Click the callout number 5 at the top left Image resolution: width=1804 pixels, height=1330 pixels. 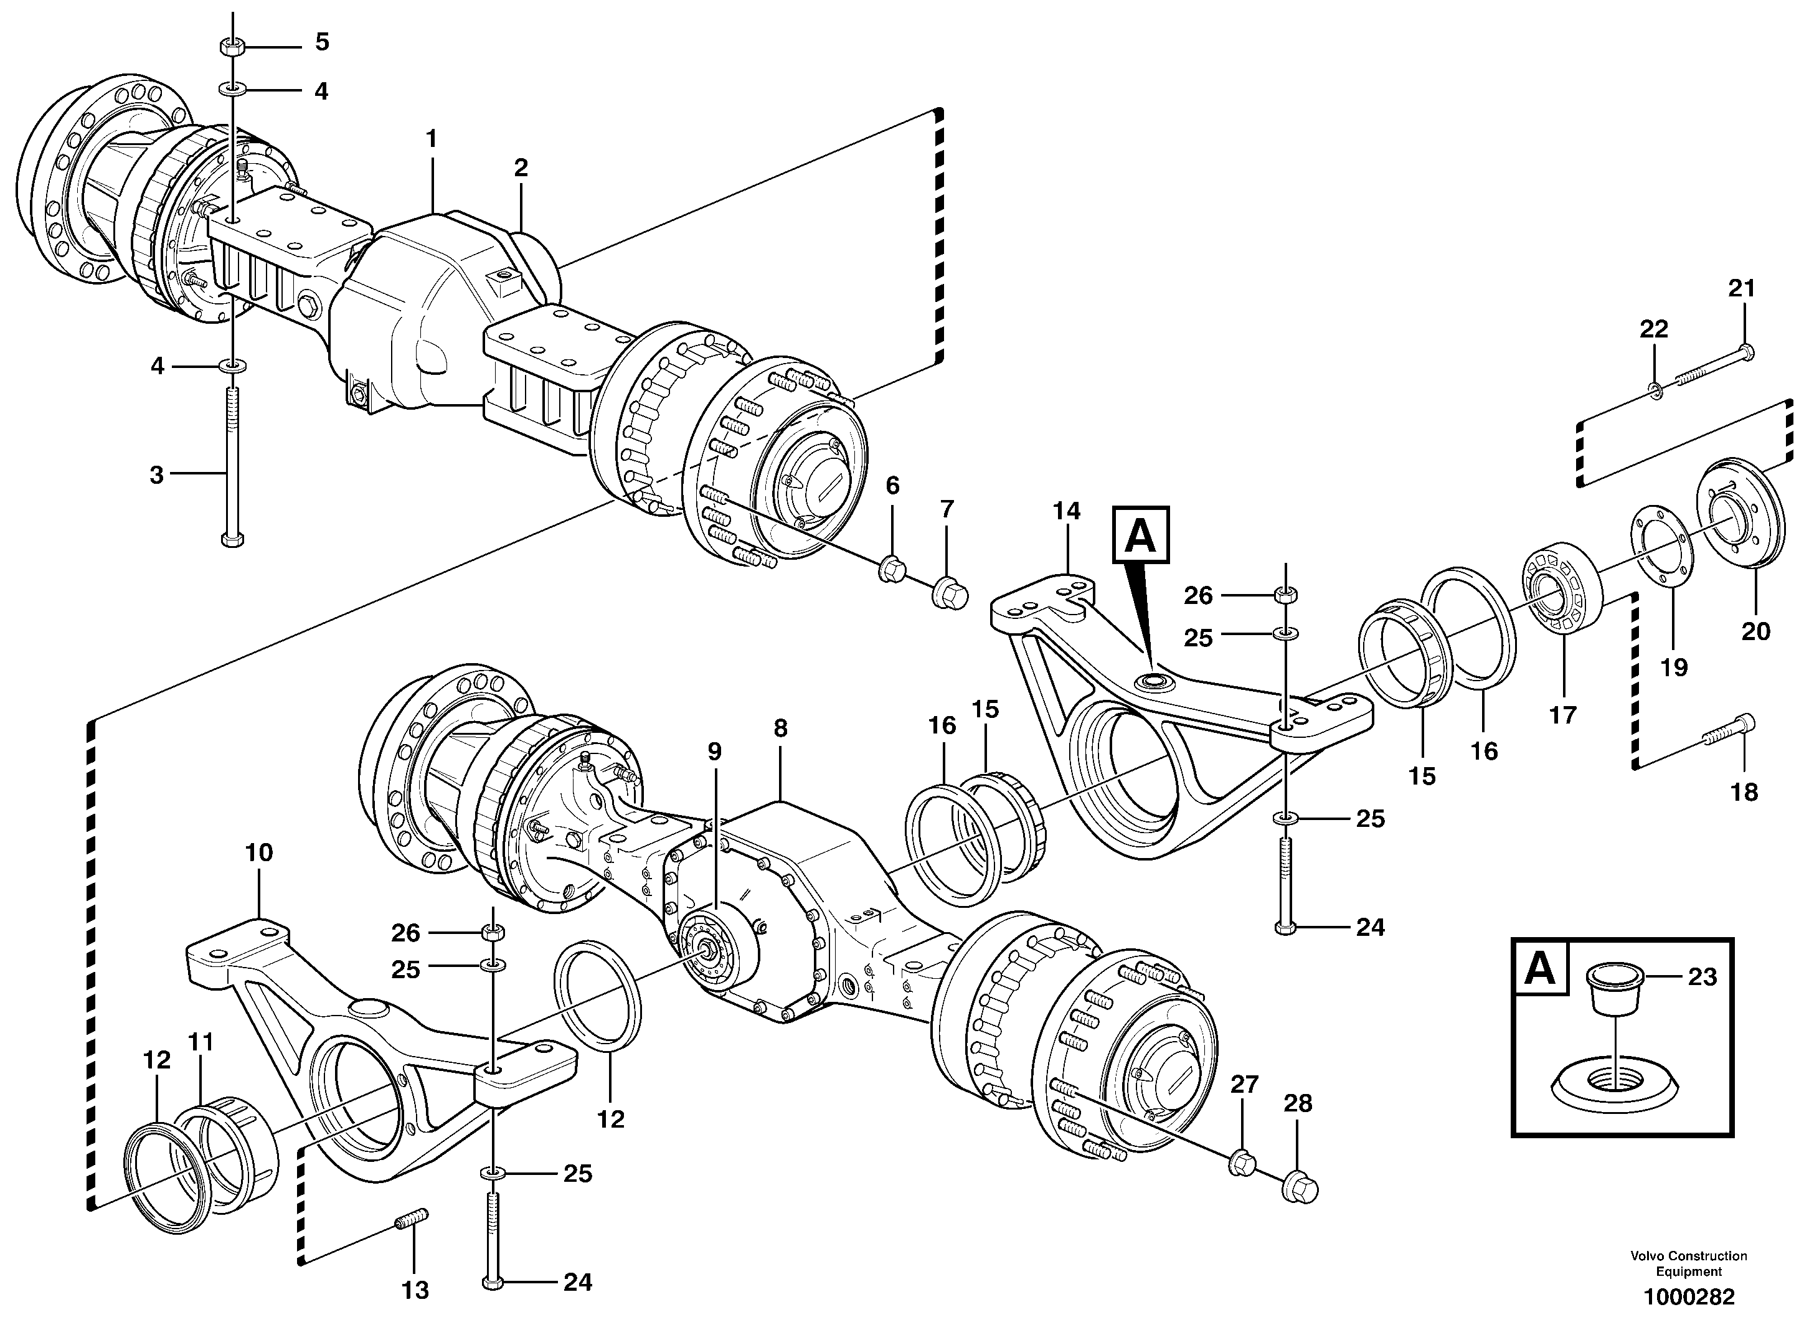(x=322, y=42)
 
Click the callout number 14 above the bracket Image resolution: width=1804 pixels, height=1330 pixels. (x=1067, y=511)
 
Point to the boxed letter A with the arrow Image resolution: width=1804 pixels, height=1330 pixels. (x=1141, y=535)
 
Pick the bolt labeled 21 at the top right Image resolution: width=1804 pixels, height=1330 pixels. (x=1716, y=363)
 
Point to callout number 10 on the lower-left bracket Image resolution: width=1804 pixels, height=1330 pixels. (x=258, y=852)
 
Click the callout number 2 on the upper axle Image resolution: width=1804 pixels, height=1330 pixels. (x=521, y=168)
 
